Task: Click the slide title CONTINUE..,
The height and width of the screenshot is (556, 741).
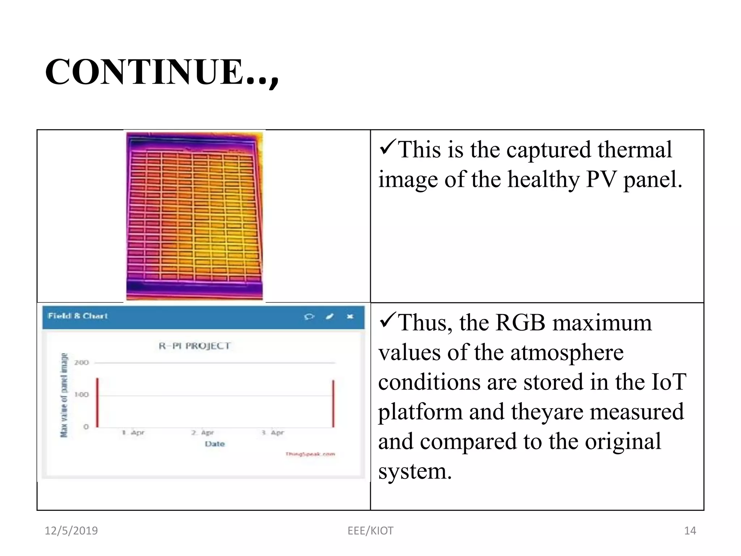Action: click(162, 72)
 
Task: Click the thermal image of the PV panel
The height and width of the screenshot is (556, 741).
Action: click(194, 216)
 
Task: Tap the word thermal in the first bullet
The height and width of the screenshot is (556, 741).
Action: click(635, 149)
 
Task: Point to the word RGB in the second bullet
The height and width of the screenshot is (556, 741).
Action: click(520, 323)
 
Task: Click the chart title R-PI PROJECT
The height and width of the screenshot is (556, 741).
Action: click(195, 346)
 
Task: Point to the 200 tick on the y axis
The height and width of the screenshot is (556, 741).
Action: click(81, 362)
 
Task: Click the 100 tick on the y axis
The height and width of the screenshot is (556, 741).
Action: click(81, 394)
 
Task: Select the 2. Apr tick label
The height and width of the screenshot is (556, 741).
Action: click(203, 433)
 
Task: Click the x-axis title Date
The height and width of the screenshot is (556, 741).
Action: click(215, 444)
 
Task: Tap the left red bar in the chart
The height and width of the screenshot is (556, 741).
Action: click(97, 403)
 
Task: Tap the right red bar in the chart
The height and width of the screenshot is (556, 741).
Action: click(333, 403)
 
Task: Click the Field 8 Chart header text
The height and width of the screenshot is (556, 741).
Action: click(78, 316)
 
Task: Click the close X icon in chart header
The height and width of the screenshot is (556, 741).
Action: click(350, 316)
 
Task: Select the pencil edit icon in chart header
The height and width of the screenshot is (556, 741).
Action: click(330, 316)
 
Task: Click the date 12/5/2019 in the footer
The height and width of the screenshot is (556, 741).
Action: click(71, 531)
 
